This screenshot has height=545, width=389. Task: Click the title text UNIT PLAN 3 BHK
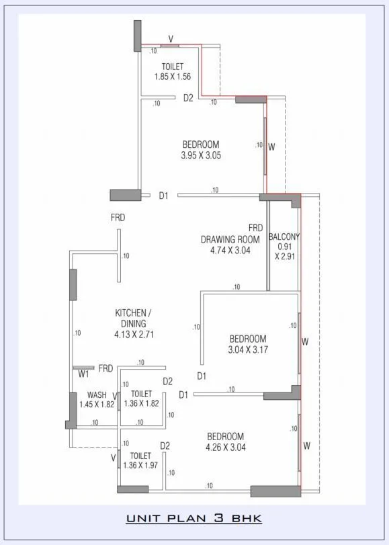click(x=193, y=519)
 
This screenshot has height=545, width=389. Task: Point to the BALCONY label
click(x=284, y=237)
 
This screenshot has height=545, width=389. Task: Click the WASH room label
click(x=97, y=395)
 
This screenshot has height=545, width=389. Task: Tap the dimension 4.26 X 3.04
click(x=225, y=447)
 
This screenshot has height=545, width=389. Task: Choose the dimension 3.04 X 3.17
click(x=248, y=349)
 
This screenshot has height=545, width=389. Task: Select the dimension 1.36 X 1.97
click(x=140, y=466)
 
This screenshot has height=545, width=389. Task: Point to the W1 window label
click(x=83, y=374)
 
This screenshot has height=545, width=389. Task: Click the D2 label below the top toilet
click(x=189, y=98)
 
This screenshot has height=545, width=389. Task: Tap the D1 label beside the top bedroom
click(x=163, y=196)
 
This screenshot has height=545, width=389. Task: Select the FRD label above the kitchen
click(x=118, y=218)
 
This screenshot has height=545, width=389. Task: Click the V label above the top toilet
click(x=170, y=38)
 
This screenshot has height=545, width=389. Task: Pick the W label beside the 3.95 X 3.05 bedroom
click(x=271, y=146)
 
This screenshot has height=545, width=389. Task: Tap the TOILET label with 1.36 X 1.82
click(x=141, y=394)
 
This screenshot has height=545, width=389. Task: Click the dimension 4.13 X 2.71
click(x=134, y=334)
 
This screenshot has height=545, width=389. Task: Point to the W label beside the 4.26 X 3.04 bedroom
click(x=306, y=445)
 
